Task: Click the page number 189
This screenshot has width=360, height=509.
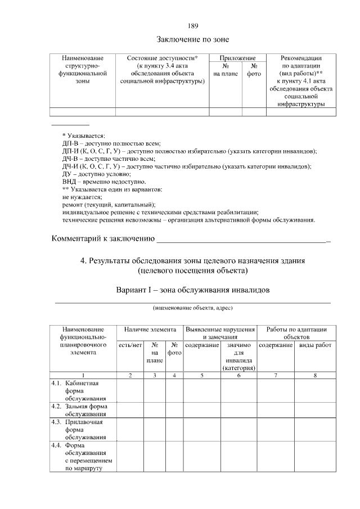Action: coord(192,26)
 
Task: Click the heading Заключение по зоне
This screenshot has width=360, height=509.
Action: coord(192,39)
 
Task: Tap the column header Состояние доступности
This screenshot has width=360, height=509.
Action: coord(162,58)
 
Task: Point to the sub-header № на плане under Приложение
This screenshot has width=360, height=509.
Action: coord(226,70)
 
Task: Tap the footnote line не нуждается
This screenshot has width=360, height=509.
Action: coord(82,197)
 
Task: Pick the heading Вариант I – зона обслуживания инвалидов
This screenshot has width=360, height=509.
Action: coord(193,290)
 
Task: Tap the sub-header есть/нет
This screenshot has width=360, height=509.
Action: coord(130,345)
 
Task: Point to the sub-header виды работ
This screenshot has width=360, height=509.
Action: coord(316,345)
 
